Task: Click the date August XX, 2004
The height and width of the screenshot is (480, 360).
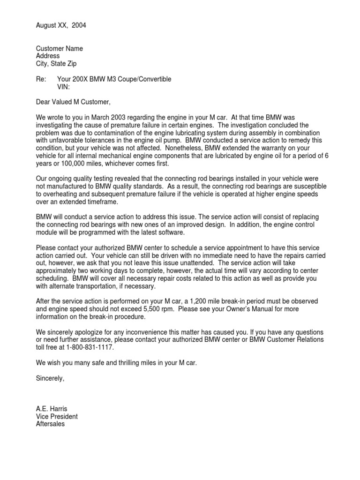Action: (x=61, y=25)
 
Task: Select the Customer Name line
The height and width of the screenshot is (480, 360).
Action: (x=60, y=49)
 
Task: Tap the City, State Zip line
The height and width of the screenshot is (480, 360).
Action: (x=56, y=64)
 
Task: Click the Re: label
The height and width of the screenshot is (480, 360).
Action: (x=41, y=79)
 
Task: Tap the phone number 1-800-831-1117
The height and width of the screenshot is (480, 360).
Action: (x=87, y=348)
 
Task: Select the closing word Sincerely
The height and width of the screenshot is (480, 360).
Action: (x=50, y=378)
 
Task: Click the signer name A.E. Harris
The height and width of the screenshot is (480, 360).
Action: (x=52, y=409)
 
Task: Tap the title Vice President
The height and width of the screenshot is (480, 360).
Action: (x=57, y=416)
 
